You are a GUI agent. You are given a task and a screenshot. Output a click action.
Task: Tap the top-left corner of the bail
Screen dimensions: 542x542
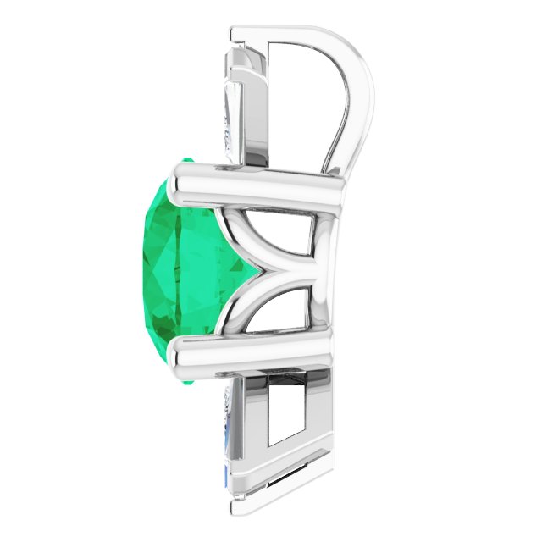237,32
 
